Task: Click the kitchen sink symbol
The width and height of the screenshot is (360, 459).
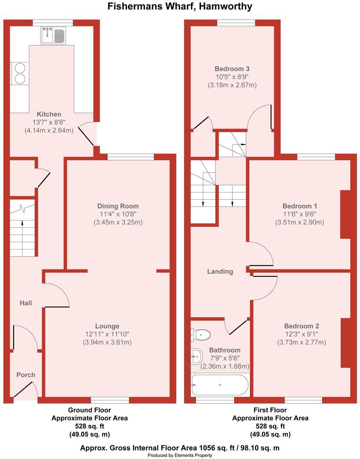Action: [53, 35]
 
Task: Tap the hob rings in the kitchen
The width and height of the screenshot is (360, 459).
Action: [20, 73]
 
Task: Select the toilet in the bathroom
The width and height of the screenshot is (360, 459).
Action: [201, 335]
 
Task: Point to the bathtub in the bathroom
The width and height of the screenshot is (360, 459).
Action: [220, 385]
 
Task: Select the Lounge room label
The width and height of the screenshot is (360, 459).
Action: [107, 326]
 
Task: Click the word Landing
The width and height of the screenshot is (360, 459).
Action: [220, 271]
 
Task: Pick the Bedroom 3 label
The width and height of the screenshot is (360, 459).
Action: [232, 69]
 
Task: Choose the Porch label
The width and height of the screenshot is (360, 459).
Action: [26, 375]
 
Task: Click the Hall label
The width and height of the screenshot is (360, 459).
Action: [26, 303]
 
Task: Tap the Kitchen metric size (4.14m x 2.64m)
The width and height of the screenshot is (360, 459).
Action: [49, 130]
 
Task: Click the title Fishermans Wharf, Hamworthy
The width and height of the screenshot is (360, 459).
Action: [180, 6]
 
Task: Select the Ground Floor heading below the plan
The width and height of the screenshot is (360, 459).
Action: [89, 410]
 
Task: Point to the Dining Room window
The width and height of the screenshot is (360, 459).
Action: [130, 157]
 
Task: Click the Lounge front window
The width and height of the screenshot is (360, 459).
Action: [110, 400]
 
